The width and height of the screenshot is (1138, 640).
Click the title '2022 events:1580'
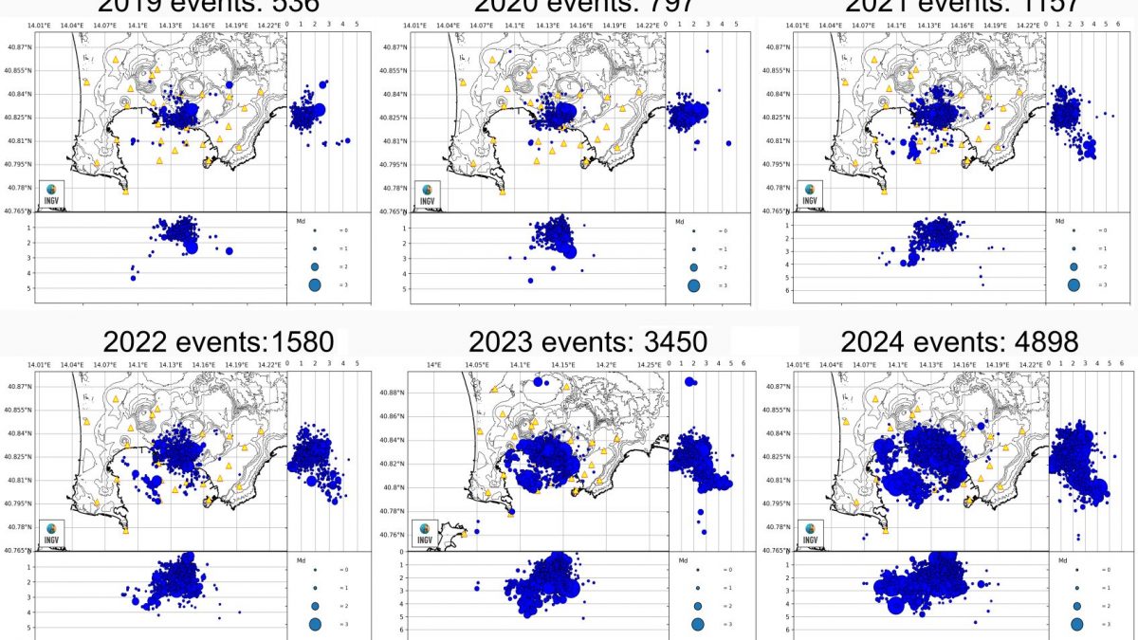218,341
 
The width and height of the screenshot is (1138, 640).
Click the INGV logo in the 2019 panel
51,193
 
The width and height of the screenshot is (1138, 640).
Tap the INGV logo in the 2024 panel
810,533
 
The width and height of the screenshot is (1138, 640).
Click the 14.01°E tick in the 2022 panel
38,364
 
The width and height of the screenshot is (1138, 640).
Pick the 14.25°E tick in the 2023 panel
649,364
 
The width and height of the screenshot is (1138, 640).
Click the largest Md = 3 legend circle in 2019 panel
315,284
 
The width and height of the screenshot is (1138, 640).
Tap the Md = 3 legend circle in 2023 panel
697,624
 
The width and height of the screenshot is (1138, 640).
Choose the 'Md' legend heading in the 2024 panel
1060,560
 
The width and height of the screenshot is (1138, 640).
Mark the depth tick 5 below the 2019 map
29,287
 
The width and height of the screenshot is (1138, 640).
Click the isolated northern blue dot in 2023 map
538,381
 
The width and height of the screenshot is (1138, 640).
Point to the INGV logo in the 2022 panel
51,533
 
